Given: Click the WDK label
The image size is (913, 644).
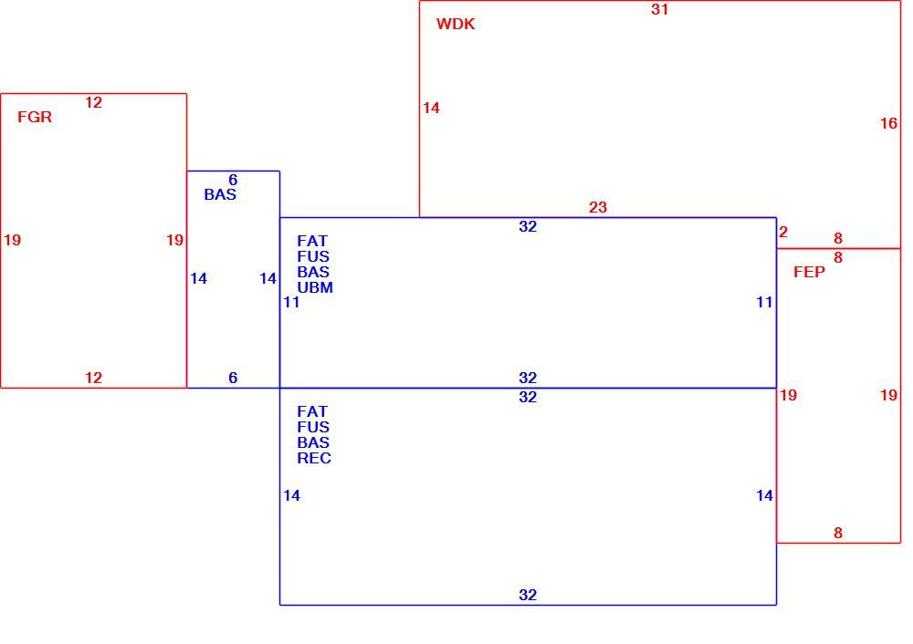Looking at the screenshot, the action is point(456,24).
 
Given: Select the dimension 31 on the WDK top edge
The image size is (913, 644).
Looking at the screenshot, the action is point(659,9).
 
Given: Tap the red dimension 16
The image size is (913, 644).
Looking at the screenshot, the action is point(888,123).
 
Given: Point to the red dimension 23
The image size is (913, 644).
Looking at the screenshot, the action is point(597,207).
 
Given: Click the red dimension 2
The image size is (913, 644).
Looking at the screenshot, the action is point(783,232).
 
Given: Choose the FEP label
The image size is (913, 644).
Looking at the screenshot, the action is point(809,272).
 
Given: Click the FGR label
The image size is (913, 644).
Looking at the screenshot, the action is point(35,117).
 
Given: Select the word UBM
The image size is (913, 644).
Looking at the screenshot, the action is point(315,287).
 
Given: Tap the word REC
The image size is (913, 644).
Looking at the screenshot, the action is point(314,458).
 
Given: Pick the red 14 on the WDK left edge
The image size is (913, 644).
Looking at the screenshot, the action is point(431,108).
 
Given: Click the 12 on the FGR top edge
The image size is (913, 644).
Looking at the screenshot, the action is point(93,102).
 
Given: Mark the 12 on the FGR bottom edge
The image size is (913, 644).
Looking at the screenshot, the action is point(93,378).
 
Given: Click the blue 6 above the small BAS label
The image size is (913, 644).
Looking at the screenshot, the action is point(233,180).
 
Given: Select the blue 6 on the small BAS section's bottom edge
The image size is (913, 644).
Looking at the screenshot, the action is point(233,378).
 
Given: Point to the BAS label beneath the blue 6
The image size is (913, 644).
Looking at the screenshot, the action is point(220,194).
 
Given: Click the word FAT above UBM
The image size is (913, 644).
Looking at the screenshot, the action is point(312,241).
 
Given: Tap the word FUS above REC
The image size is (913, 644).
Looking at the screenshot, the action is point(313,427).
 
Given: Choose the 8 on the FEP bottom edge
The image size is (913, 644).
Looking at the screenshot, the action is point(838,533).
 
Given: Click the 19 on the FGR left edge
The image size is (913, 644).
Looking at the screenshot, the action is point(12,240).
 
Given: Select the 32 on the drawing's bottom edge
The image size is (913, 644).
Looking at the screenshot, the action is point(528,595).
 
